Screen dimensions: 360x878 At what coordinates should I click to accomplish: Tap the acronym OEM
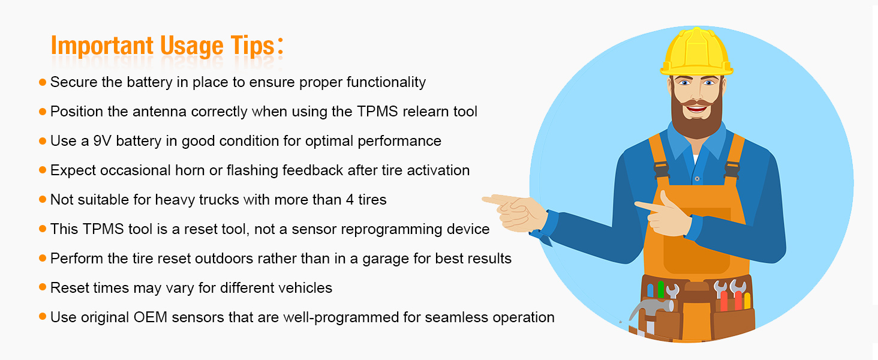pyautogui.click(x=151, y=317)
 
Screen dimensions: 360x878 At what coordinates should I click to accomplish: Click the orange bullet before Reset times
pyautogui.click(x=42, y=287)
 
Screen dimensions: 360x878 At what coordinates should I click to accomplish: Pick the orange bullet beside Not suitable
pyautogui.click(x=42, y=199)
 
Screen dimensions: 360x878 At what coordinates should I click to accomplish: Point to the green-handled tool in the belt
pyautogui.click(x=661, y=289)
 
